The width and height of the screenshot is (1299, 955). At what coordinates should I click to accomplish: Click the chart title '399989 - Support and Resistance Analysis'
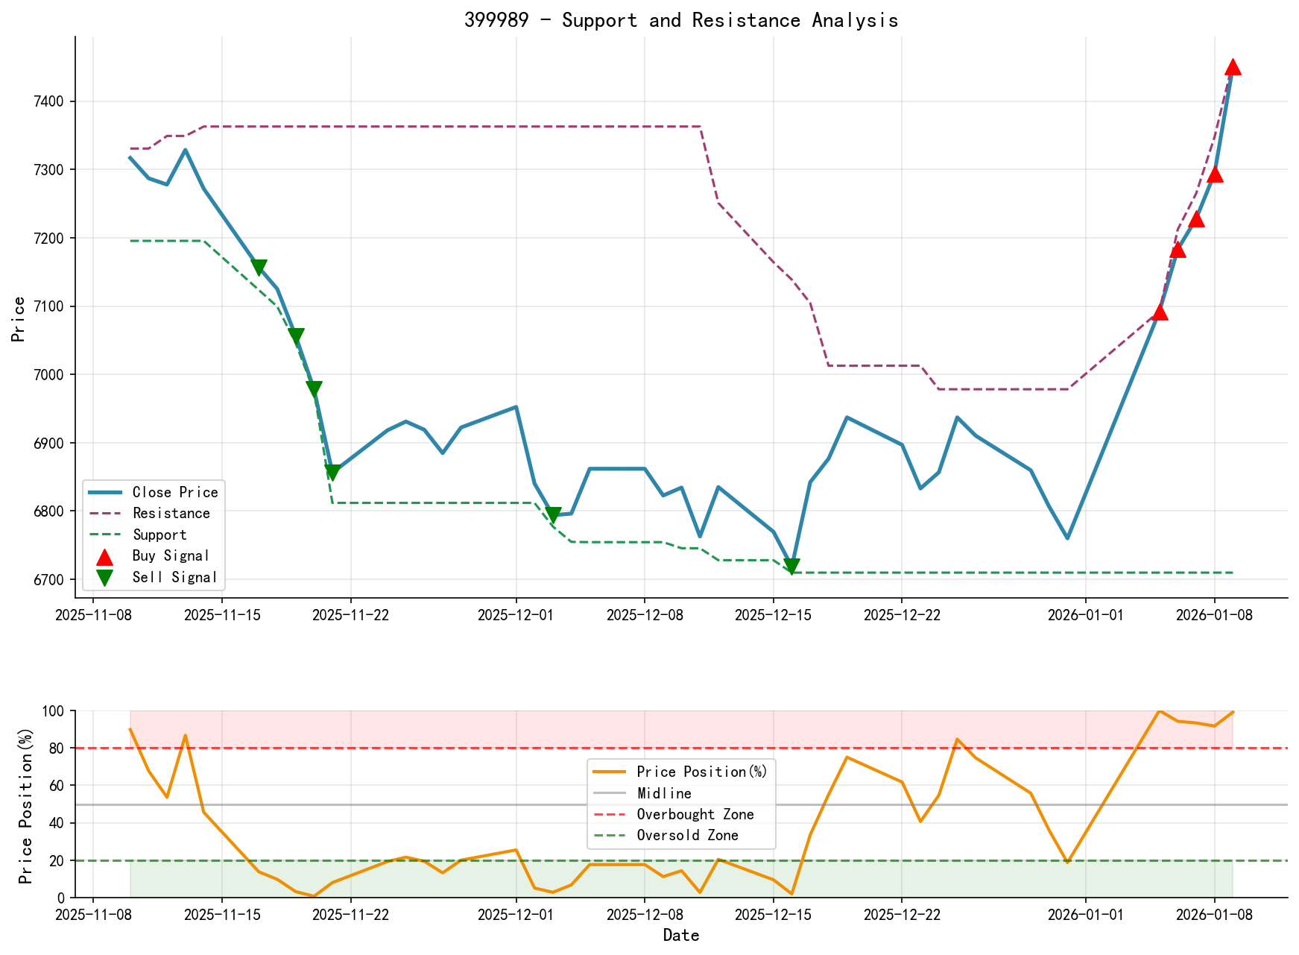tap(681, 20)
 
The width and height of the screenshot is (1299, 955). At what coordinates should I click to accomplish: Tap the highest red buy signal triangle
tap(1233, 67)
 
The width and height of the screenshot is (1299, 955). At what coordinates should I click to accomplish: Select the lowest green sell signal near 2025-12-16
tap(791, 567)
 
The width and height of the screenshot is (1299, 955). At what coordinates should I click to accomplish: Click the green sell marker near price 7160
tap(259, 268)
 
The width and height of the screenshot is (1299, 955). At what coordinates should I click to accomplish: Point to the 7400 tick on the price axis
tap(53, 101)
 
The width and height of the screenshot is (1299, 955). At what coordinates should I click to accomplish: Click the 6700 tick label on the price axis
tap(53, 580)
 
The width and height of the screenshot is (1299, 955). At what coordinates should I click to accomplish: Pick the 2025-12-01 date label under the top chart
tap(516, 615)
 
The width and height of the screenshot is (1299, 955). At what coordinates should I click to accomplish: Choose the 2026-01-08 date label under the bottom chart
tap(1214, 915)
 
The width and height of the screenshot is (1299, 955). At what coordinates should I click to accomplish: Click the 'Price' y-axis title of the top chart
tap(19, 319)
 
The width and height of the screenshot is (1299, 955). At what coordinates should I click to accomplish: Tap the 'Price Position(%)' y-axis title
tap(26, 804)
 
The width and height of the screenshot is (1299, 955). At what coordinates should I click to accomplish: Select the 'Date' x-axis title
tap(681, 936)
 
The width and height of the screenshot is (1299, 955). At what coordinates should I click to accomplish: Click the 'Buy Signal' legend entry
tap(171, 555)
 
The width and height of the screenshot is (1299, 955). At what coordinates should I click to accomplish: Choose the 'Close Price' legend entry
tap(175, 492)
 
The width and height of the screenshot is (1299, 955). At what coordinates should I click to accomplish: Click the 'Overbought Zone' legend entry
tap(695, 814)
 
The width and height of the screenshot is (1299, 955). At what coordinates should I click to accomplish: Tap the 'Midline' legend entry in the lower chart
tap(664, 793)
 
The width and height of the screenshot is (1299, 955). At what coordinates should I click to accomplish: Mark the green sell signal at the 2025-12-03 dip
tap(553, 515)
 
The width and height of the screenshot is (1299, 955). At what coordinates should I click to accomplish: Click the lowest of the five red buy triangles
tap(1160, 312)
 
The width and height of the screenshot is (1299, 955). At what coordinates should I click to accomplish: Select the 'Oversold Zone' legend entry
tap(687, 835)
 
